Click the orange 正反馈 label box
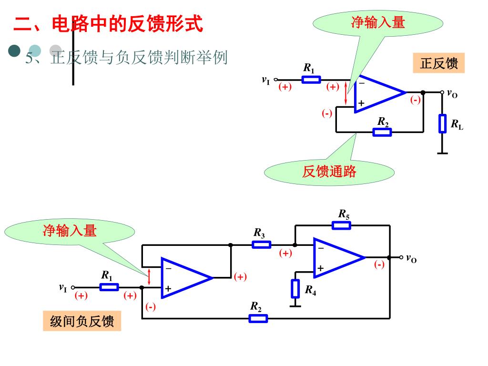coord(438,63)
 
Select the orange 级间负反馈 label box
coord(82,322)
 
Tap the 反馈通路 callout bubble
coord(329,172)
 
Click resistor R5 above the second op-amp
coord(341,225)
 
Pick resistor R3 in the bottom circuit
coord(261,244)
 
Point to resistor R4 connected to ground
coord(295,288)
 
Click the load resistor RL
coord(443,123)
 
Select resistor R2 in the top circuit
coord(382,132)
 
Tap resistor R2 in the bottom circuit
coord(258,318)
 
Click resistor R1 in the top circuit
coord(311,80)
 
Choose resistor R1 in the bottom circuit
coord(109,287)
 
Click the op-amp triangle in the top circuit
coord(376,93)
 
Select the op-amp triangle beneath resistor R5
coord(335,257)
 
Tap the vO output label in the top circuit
coord(452,94)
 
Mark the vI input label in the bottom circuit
coord(63,287)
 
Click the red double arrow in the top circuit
coord(346,93)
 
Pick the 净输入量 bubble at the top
coord(377,22)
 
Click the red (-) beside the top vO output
coord(416,100)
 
